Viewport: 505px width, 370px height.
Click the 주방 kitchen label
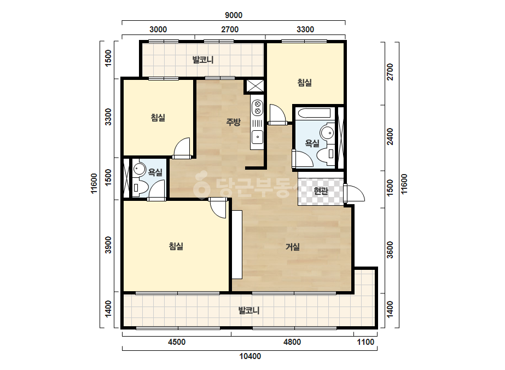[x=233, y=122]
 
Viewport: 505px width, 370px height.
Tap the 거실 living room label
[x=292, y=247]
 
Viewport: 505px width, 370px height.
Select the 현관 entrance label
[x=321, y=191]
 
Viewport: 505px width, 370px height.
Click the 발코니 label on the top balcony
[x=203, y=60]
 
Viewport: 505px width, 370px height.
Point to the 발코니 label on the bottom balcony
[x=248, y=311]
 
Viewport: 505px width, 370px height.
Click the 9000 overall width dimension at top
[x=234, y=15]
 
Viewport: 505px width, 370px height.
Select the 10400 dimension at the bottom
[x=250, y=356]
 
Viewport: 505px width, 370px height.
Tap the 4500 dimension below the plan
[x=177, y=342]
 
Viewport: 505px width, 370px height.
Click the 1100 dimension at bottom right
[x=365, y=342]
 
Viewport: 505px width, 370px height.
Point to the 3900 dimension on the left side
[x=108, y=245]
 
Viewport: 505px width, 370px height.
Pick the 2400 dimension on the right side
[x=390, y=136]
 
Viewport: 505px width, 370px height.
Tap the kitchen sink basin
[x=257, y=137]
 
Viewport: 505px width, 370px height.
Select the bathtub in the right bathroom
[x=315, y=113]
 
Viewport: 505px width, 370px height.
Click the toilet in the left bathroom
[x=140, y=187]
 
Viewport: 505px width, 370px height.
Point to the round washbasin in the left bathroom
[x=140, y=169]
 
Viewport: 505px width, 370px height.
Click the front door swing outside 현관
[x=354, y=193]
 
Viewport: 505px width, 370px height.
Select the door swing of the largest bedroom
[x=218, y=207]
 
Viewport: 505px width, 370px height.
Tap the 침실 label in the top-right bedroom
[x=304, y=83]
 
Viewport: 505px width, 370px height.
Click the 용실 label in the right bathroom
[x=312, y=143]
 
